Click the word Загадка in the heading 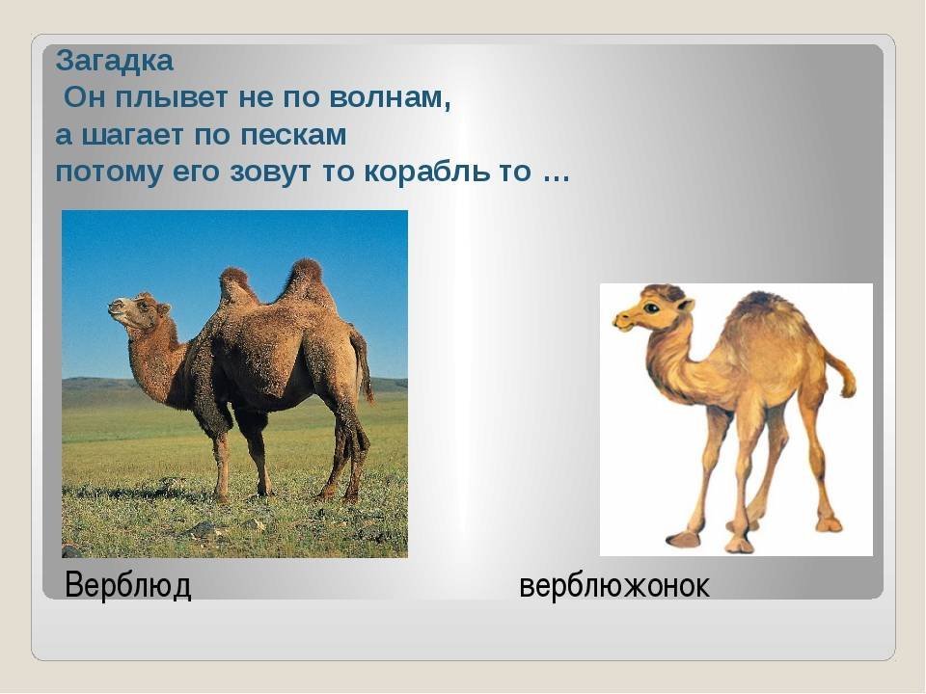click(115, 62)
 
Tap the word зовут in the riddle click(272, 173)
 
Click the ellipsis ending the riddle click(556, 178)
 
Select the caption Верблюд click(127, 585)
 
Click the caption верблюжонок click(614, 586)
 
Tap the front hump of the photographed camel click(236, 285)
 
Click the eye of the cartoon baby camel click(651, 307)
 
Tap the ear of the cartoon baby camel click(685, 306)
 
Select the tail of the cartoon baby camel click(841, 374)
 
